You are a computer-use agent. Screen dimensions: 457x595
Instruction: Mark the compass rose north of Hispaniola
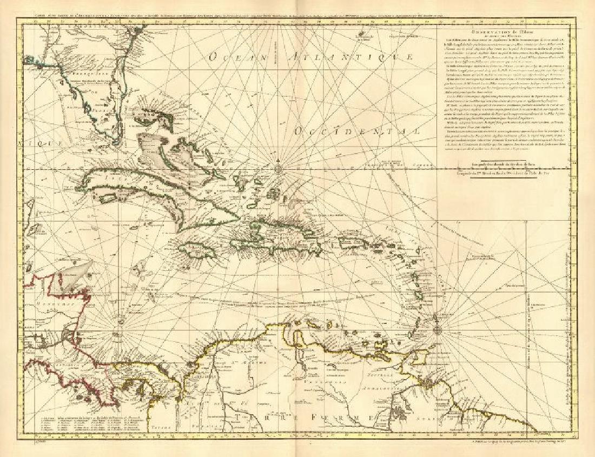point(279,169)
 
